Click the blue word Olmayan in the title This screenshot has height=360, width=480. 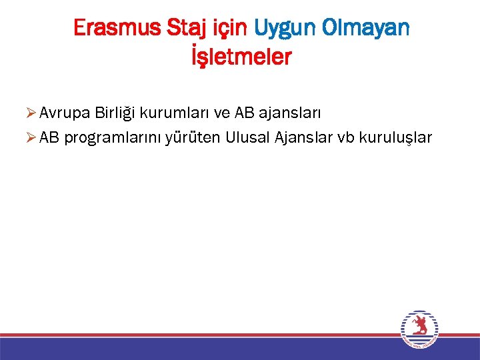tap(366, 28)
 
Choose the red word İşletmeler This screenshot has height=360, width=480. tap(241, 57)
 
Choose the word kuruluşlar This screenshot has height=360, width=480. tap(395, 138)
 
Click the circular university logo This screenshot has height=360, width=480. tap(419, 329)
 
